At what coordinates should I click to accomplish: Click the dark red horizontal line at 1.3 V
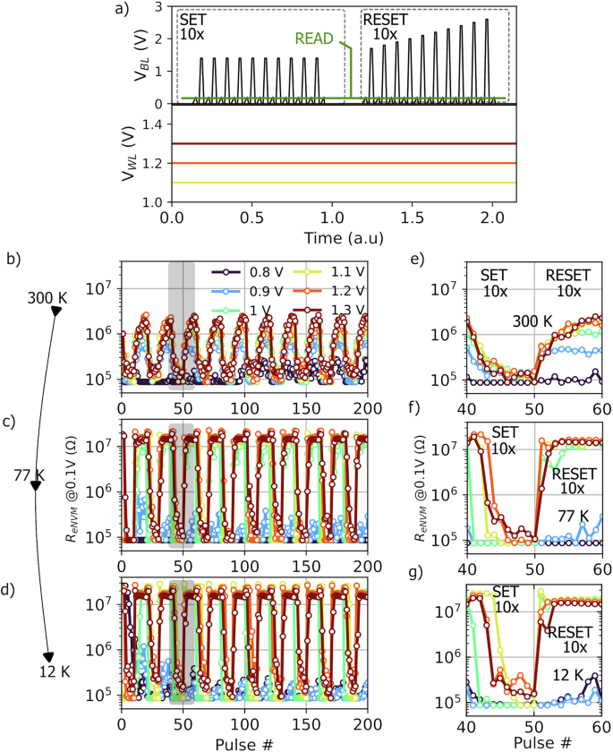coord(340,143)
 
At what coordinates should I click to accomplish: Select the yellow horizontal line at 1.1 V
coord(340,183)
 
